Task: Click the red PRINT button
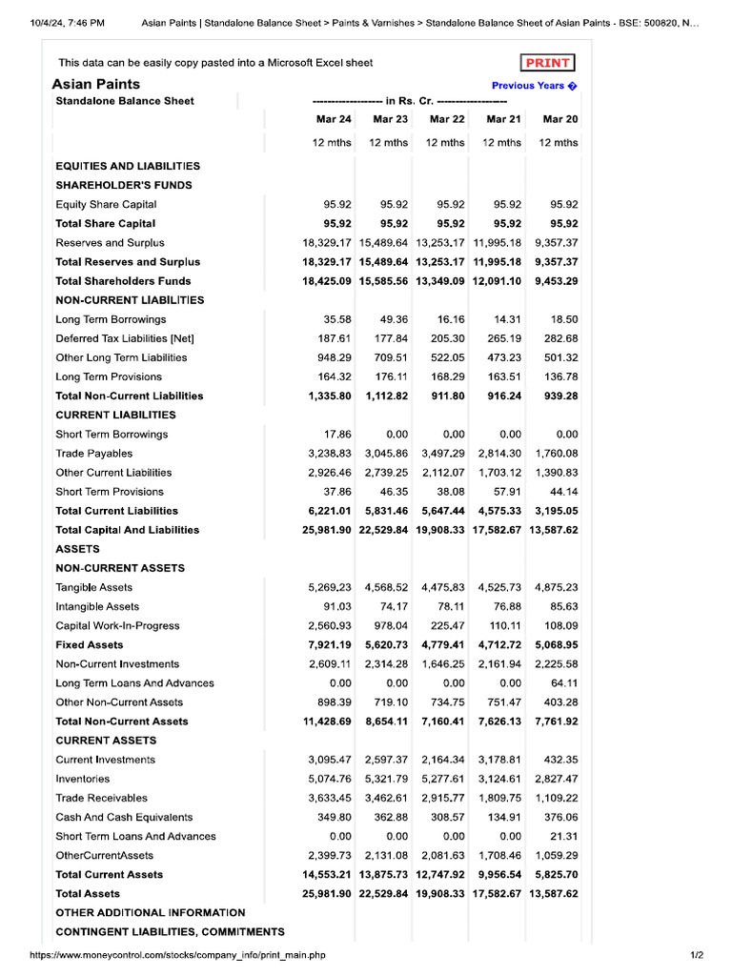coord(548,63)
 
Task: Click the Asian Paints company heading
coord(95,84)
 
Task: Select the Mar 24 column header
coord(334,119)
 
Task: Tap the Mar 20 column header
coord(559,119)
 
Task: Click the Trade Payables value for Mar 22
coord(443,454)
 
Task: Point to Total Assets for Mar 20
coord(554,894)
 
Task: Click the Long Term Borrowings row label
coord(111,319)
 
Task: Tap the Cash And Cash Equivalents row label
coord(124,817)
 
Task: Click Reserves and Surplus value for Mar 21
coord(498,243)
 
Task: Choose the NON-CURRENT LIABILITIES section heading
coord(130,300)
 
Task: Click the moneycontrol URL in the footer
coord(177,955)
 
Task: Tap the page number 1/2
coord(696,955)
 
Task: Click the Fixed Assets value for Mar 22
coord(443,645)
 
